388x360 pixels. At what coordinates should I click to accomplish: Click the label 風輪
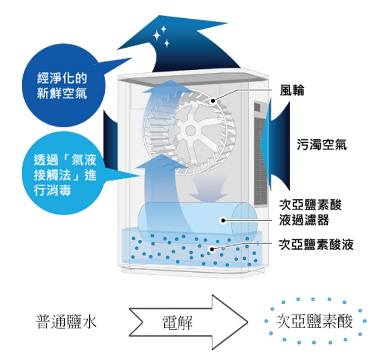[292, 90]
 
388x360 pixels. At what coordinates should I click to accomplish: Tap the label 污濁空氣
[321, 145]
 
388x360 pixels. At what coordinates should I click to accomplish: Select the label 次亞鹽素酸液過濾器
[310, 212]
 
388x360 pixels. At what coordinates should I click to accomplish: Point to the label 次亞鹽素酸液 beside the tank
[316, 244]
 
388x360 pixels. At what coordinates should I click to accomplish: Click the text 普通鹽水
[66, 322]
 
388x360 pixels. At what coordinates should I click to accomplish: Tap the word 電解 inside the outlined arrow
[177, 323]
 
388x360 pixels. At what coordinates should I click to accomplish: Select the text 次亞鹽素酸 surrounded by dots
[314, 321]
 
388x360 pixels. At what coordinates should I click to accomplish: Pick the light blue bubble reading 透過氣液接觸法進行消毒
[63, 173]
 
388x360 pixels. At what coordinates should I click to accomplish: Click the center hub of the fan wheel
[190, 131]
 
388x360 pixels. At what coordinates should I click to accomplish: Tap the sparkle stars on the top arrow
[161, 36]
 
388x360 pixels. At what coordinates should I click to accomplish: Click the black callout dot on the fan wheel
[213, 101]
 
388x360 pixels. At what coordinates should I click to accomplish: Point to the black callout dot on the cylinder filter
[223, 220]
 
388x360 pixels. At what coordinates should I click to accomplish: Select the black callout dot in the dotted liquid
[212, 249]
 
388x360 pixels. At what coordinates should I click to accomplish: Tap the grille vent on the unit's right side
[261, 154]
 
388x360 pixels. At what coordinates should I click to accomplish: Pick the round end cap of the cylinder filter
[244, 222]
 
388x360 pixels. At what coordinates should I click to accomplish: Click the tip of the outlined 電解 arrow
[248, 322]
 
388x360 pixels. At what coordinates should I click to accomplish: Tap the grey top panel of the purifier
[193, 79]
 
